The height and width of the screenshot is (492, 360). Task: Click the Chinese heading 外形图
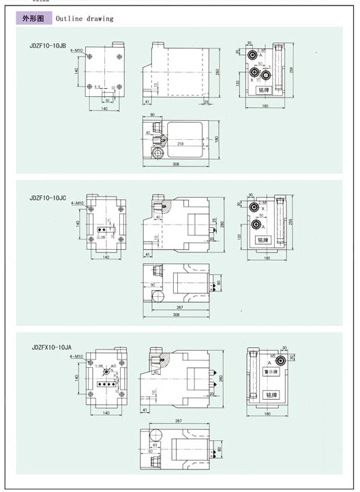click(34, 18)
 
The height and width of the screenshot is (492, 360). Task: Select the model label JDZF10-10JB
click(48, 46)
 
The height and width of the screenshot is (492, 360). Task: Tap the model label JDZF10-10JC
click(48, 199)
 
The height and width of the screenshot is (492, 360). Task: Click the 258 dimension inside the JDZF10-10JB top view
click(181, 145)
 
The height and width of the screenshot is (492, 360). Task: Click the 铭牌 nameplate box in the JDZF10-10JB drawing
click(263, 89)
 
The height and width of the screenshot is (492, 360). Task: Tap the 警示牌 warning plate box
click(271, 373)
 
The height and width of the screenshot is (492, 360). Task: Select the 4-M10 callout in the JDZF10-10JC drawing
click(76, 203)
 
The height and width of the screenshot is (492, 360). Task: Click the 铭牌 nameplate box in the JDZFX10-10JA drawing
click(271, 395)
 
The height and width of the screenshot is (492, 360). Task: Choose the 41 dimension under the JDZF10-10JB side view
click(147, 102)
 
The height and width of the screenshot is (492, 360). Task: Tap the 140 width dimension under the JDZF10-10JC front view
click(105, 258)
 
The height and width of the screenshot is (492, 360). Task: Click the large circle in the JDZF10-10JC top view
click(158, 296)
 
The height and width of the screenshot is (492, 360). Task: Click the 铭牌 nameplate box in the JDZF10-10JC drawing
click(263, 240)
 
